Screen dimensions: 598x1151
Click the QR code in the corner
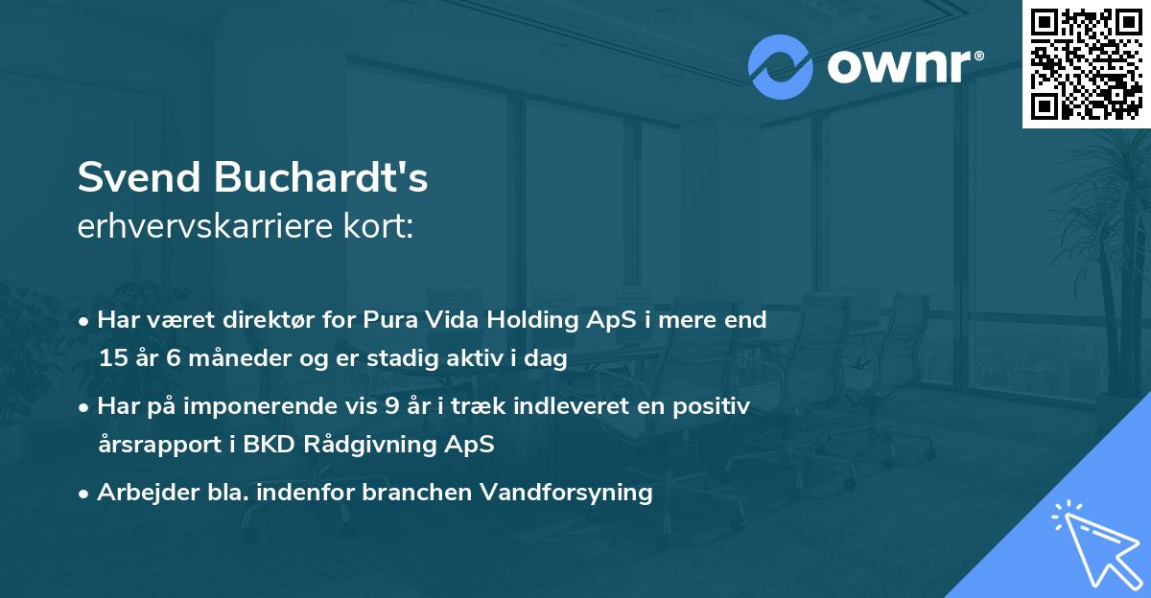pyautogui.click(x=1086, y=64)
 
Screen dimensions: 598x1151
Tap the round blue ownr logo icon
pyautogui.click(x=781, y=67)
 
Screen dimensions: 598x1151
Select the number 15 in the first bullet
pyautogui.click(x=112, y=358)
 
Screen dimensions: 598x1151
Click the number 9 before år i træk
pyautogui.click(x=391, y=406)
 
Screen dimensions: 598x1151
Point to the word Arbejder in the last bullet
pyautogui.click(x=140, y=493)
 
